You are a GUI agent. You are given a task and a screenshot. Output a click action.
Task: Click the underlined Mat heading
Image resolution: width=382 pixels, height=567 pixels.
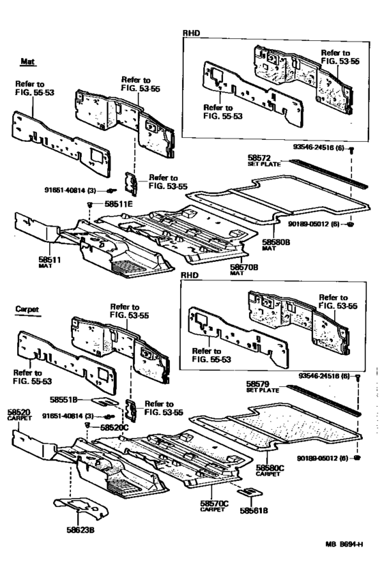(27, 61)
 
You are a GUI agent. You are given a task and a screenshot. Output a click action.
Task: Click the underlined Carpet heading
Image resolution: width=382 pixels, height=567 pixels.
(27, 309)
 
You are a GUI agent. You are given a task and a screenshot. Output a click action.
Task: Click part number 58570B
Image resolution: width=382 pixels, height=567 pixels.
(244, 267)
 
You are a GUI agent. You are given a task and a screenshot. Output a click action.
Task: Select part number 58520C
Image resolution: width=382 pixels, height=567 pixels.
(113, 427)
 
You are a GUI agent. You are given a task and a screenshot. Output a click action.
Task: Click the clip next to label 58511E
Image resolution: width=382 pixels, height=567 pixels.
(89, 204)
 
